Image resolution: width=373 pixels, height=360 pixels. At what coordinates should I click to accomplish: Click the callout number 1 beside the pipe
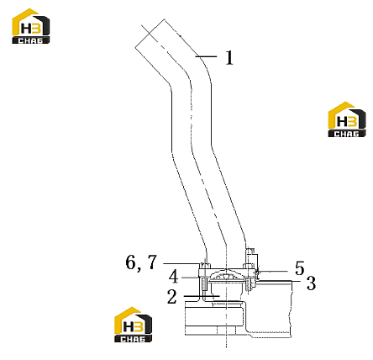[229, 57]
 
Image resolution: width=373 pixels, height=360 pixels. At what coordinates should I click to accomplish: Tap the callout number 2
[172, 297]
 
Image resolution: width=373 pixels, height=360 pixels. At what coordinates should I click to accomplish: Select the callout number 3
[311, 283]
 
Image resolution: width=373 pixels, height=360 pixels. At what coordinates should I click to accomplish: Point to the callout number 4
[174, 277]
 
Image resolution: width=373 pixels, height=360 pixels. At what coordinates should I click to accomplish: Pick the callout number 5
[300, 268]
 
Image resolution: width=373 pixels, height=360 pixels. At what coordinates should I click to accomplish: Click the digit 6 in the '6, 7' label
[130, 262]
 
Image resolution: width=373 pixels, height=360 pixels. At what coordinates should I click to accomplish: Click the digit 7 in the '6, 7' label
[152, 262]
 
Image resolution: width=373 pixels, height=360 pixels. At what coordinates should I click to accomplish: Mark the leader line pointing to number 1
[206, 56]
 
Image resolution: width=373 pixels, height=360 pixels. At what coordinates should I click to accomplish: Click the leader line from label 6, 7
[182, 263]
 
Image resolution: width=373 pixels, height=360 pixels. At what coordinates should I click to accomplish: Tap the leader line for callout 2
[202, 296]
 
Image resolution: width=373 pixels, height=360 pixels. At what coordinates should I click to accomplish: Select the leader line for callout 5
[273, 271]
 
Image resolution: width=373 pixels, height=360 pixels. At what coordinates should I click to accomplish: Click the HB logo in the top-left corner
[31, 26]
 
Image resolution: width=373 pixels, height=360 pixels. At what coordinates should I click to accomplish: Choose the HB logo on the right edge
[347, 119]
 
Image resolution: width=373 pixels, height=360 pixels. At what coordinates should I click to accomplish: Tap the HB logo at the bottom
[134, 325]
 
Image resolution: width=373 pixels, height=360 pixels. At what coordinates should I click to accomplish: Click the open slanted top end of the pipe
[150, 33]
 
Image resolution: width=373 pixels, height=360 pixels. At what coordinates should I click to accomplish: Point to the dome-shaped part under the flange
[225, 275]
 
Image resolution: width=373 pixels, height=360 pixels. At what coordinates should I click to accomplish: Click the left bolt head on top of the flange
[205, 265]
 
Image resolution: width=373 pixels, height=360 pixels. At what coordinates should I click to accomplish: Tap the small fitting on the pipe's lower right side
[251, 256]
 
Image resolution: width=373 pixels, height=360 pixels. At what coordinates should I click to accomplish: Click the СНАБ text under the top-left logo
[31, 40]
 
